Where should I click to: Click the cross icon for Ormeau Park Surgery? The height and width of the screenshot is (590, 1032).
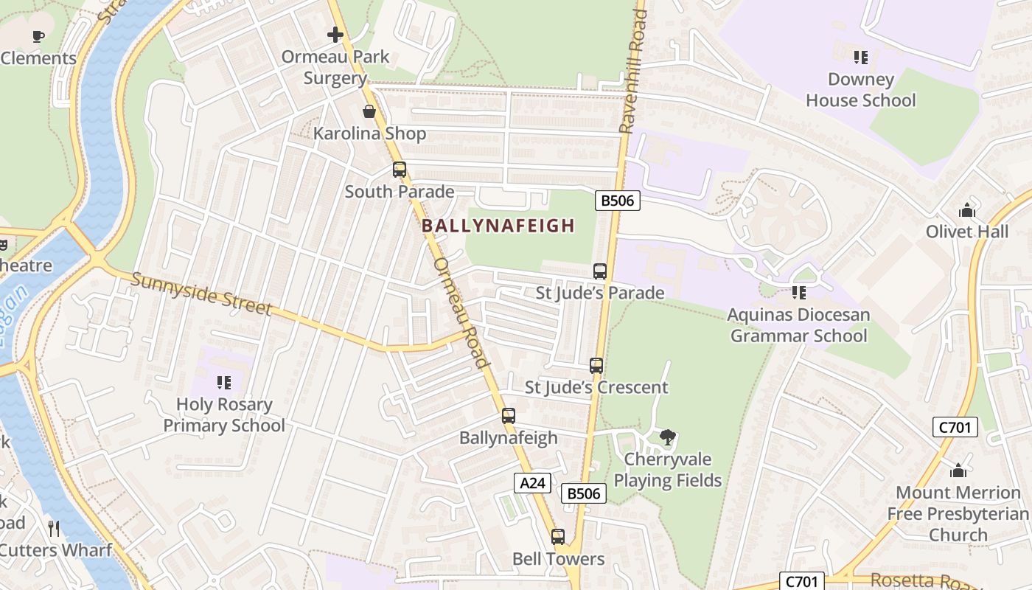click(335, 35)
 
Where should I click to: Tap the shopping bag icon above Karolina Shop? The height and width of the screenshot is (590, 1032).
click(369, 111)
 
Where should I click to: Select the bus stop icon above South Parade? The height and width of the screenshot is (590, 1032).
click(400, 170)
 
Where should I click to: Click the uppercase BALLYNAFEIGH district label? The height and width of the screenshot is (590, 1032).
click(498, 226)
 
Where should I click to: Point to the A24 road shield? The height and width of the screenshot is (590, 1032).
click(532, 483)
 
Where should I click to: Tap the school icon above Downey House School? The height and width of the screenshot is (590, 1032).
click(860, 57)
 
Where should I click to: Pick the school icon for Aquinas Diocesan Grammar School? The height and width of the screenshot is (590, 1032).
click(799, 293)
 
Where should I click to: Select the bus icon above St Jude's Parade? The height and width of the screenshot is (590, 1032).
click(600, 271)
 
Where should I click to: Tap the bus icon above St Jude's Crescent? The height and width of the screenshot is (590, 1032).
click(596, 365)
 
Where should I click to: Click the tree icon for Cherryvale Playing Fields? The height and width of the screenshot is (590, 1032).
click(668, 437)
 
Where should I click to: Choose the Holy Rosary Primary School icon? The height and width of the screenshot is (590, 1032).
click(224, 383)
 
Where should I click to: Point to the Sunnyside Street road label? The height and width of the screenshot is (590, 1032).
click(202, 294)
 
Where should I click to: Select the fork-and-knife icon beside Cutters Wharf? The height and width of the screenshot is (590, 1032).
click(54, 528)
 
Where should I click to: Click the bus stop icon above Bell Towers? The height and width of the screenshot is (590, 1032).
click(558, 537)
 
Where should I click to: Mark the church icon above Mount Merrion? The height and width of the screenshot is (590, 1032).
click(958, 470)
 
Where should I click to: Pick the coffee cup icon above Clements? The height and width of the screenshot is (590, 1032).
click(38, 36)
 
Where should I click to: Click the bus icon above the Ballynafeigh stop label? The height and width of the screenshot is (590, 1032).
click(509, 416)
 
